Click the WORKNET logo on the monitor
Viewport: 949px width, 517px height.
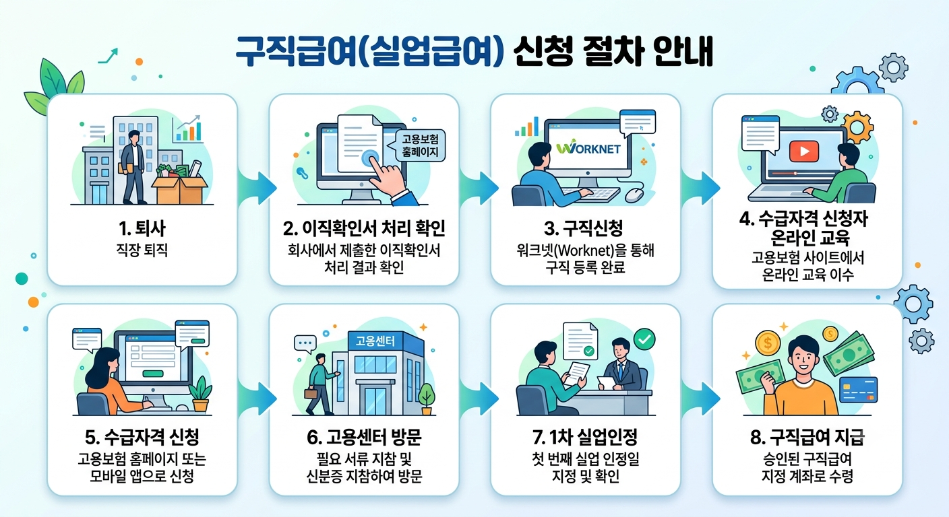tap(588, 147)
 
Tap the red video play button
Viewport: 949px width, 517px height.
tap(803, 151)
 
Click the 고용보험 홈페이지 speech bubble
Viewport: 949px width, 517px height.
tap(419, 145)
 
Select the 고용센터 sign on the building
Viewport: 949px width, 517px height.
tap(375, 341)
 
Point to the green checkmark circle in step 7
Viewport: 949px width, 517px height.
tap(644, 339)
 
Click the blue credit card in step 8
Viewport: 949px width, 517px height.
tap(858, 390)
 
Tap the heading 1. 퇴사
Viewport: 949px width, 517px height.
tap(142, 228)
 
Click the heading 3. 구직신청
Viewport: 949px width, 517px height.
tap(584, 228)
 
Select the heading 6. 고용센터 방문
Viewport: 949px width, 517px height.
tap(364, 438)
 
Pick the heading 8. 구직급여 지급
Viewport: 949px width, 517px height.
tap(807, 438)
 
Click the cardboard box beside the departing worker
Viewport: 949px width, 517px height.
tap(180, 189)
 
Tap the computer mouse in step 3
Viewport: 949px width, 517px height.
tap(634, 195)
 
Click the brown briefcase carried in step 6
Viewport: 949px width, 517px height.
tap(311, 393)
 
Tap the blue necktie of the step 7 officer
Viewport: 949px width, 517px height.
tap(621, 371)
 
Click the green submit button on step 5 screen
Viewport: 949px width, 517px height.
tap(153, 374)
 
